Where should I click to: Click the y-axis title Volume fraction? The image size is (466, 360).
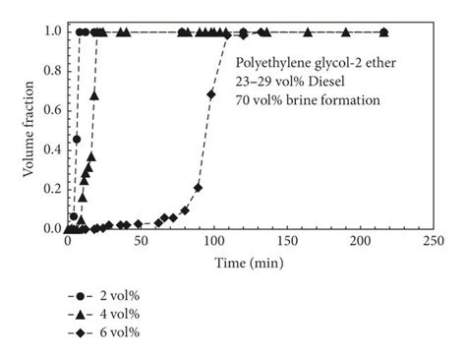tap(29, 130)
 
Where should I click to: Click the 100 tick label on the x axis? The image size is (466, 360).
tap(213, 241)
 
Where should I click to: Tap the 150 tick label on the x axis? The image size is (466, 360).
tap(286, 241)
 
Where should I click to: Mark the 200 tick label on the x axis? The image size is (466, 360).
tap(359, 241)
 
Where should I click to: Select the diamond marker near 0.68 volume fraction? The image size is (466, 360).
tap(212, 94)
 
